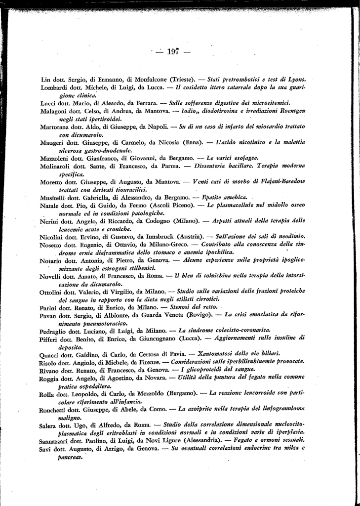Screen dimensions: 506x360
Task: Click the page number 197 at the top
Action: click(173, 51)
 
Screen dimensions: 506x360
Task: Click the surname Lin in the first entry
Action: click(45, 79)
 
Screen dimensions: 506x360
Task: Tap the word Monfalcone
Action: click(147, 79)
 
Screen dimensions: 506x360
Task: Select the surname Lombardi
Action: click(54, 87)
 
